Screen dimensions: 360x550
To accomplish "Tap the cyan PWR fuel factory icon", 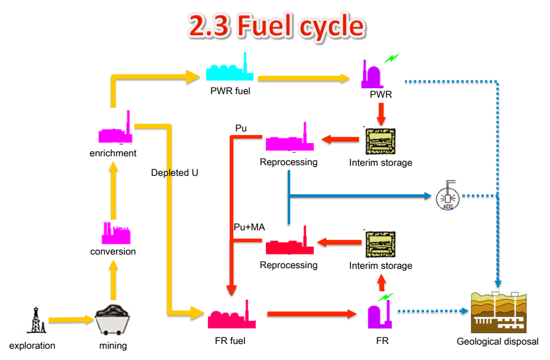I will tap(230, 70).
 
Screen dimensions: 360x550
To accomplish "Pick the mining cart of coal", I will tap(113, 322).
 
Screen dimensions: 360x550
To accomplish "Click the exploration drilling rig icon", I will tap(36, 321).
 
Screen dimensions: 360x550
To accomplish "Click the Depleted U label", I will tap(175, 173).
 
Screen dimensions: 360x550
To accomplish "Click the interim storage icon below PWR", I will tap(380, 142).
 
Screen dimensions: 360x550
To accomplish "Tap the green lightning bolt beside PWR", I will tap(391, 58).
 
